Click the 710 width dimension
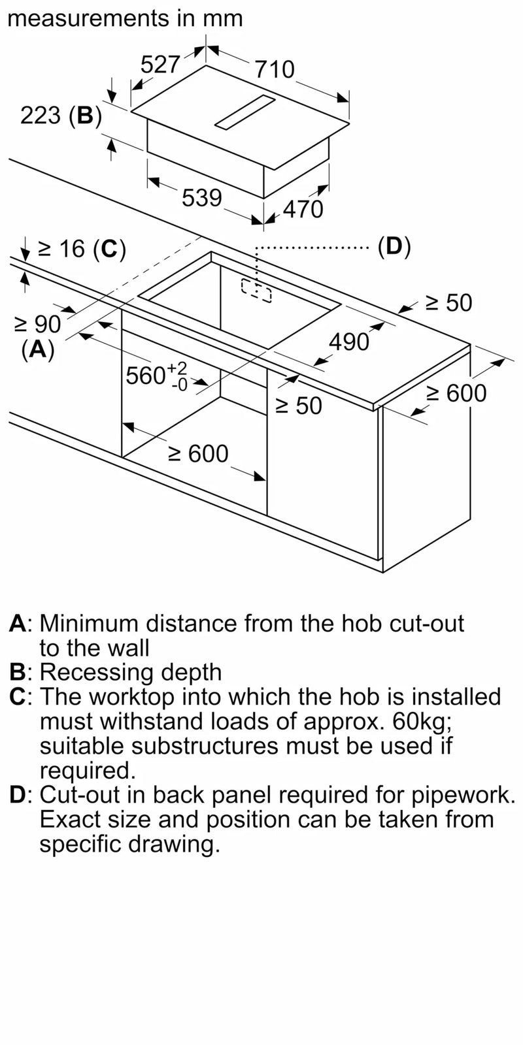pyautogui.click(x=275, y=69)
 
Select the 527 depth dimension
pyautogui.click(x=160, y=64)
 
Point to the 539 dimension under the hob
pyautogui.click(x=202, y=197)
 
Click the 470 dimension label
pyautogui.click(x=303, y=209)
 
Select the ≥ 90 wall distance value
pyautogui.click(x=37, y=324)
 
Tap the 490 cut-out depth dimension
pyautogui.click(x=349, y=342)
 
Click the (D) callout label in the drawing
pyautogui.click(x=394, y=246)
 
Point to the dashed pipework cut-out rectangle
pyautogui.click(x=256, y=289)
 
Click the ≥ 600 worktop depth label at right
pyautogui.click(x=456, y=393)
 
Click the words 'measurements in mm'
pyautogui.click(x=124, y=18)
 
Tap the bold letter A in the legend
pyautogui.click(x=18, y=624)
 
